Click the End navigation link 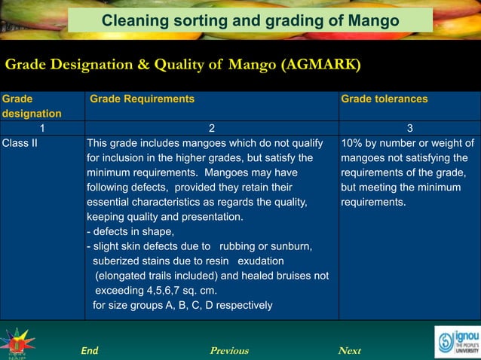(89, 350)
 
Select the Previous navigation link (229, 350)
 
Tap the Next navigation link (350, 350)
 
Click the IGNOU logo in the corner (455, 341)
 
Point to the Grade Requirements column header (142, 99)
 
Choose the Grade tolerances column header (384, 99)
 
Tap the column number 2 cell (212, 127)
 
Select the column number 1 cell (42, 127)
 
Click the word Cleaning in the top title (131, 20)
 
